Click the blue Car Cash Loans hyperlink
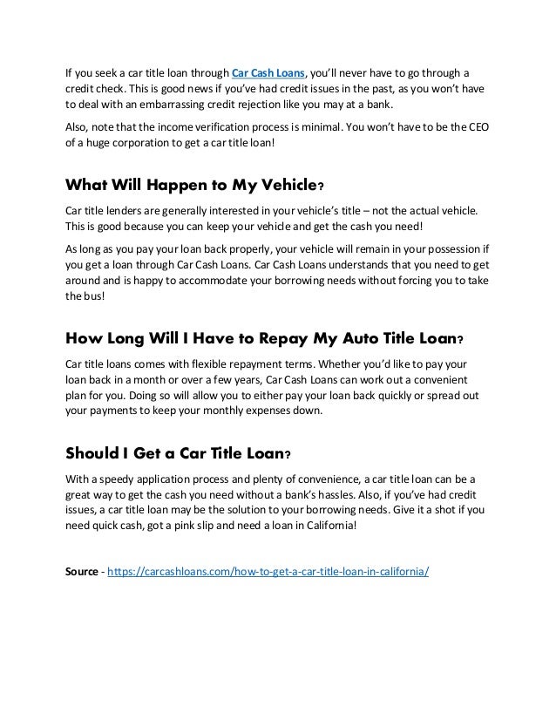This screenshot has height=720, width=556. pos(268,71)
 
